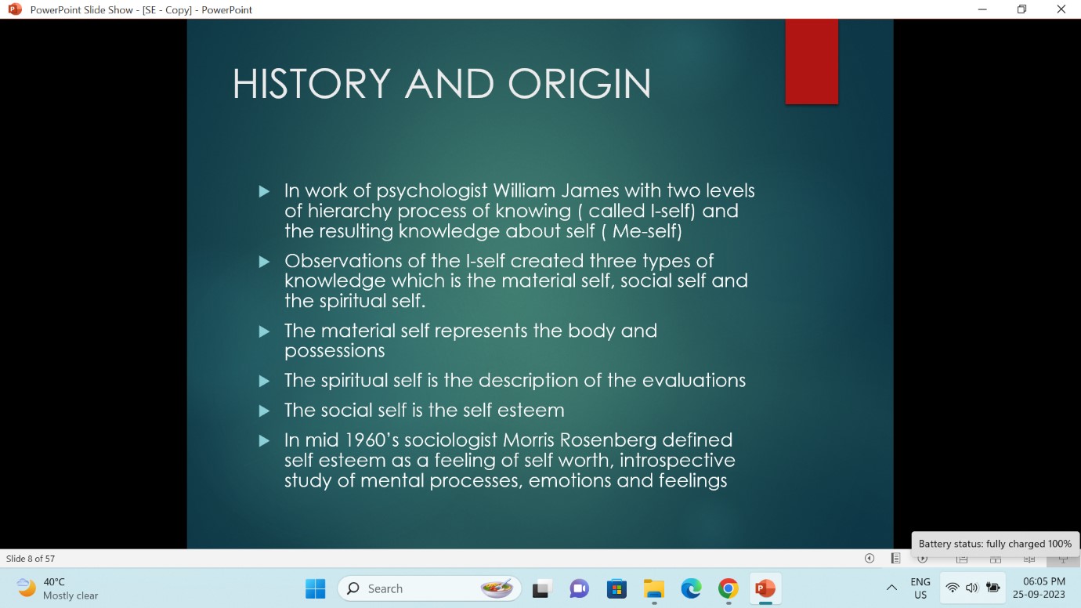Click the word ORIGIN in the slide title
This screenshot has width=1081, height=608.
pos(579,84)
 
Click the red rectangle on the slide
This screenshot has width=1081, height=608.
pos(812,61)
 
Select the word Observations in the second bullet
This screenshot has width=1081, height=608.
pos(343,261)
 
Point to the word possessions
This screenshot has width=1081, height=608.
pos(334,351)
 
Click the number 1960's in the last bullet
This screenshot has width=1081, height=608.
pos(371,440)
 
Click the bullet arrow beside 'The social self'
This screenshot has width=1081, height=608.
pos(264,411)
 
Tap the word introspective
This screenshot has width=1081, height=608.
pos(677,461)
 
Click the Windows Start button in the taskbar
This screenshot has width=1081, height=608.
pos(315,588)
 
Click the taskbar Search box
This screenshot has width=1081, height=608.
pos(429,588)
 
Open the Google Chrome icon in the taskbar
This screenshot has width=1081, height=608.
pos(728,588)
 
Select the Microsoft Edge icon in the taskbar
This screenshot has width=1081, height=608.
pos(691,588)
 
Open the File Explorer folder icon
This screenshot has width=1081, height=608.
pos(654,588)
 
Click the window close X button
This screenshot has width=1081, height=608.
pos(1061,9)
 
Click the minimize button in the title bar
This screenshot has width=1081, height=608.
pos(982,9)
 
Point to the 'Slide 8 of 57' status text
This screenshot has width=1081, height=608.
pos(31,559)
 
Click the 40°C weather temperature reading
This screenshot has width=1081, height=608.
pos(53,582)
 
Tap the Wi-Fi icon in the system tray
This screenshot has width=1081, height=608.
pos(953,588)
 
